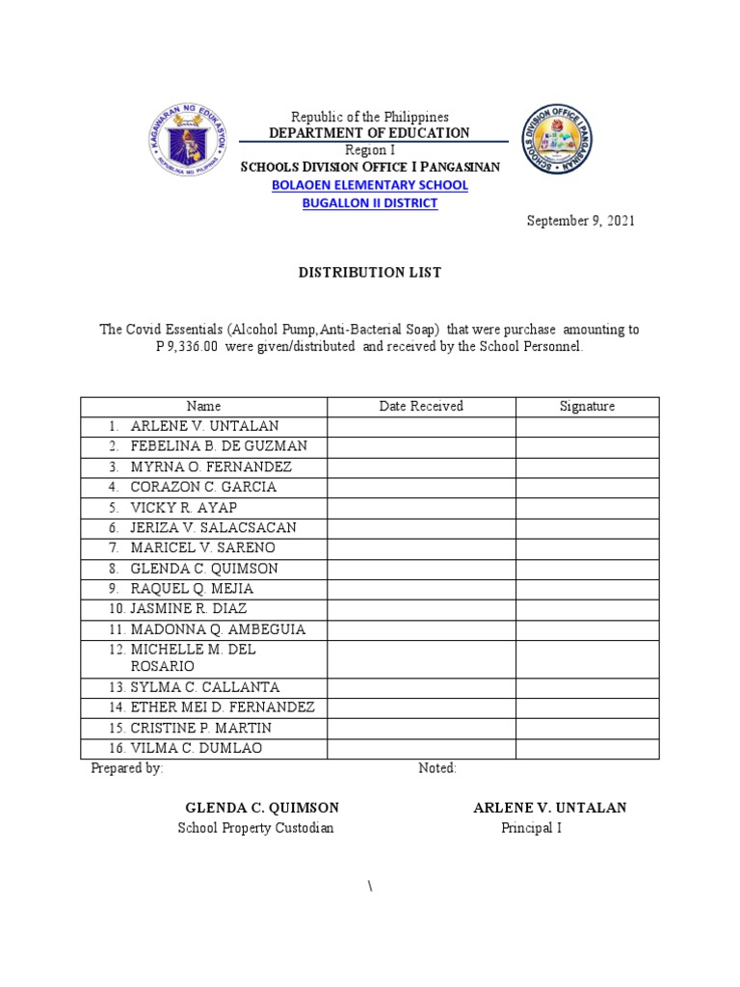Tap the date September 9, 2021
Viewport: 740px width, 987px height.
[x=580, y=221]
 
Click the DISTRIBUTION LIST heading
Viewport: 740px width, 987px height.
[x=369, y=273]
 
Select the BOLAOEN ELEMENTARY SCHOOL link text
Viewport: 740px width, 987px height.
[x=369, y=184]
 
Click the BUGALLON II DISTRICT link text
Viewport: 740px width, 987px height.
[x=369, y=203]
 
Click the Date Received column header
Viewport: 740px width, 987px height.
[x=421, y=407]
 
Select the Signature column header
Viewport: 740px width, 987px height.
[x=587, y=407]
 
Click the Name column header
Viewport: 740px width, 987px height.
[x=203, y=407]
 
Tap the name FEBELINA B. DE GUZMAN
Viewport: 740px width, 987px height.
[x=219, y=446]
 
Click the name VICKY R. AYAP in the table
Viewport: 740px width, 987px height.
[x=183, y=507]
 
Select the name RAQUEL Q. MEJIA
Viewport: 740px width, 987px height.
[x=192, y=588]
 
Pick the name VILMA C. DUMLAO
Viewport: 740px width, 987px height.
[x=196, y=748]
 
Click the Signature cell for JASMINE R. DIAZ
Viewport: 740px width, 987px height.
[x=587, y=609]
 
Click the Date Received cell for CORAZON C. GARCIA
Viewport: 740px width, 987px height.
[x=421, y=487]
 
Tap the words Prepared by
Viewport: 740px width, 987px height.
[x=126, y=768]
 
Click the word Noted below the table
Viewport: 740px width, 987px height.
[x=437, y=768]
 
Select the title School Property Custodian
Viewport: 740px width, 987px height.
[x=255, y=828]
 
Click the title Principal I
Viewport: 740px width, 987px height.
[x=531, y=828]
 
